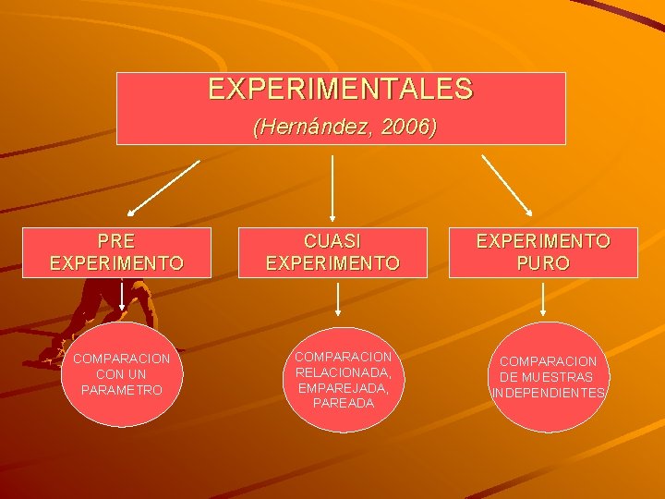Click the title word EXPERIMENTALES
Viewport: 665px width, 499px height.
click(x=340, y=90)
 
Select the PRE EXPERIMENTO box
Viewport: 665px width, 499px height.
click(x=116, y=252)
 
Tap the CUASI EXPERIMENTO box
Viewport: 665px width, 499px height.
click(x=332, y=252)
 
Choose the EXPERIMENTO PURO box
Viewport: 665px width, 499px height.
click(x=543, y=252)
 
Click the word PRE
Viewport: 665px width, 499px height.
click(x=116, y=241)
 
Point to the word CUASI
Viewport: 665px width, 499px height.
click(x=332, y=241)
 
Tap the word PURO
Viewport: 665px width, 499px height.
click(x=543, y=263)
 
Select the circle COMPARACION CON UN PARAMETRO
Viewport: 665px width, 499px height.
click(x=122, y=374)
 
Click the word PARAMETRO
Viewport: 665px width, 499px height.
click(x=122, y=390)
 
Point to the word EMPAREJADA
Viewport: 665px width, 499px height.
click(x=344, y=388)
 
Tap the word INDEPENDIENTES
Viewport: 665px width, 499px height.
click(x=549, y=393)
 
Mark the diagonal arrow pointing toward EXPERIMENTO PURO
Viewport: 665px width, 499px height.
click(x=506, y=186)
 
